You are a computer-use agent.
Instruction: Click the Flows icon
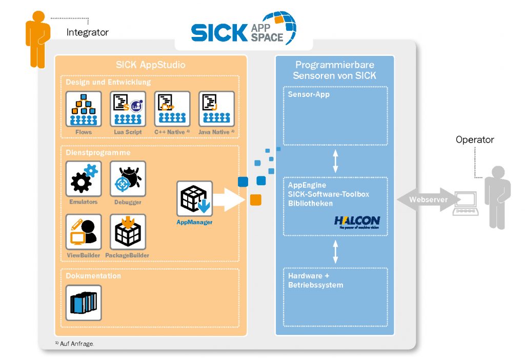pyautogui.click(x=84, y=109)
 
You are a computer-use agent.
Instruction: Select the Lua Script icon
pyautogui.click(x=128, y=109)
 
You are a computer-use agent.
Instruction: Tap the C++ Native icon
pyautogui.click(x=172, y=109)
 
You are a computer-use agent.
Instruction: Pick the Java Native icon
pyautogui.click(x=216, y=109)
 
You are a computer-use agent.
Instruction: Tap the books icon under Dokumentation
pyautogui.click(x=84, y=303)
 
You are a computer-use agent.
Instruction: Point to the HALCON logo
pyautogui.click(x=357, y=222)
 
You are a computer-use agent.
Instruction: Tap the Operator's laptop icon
pyautogui.click(x=465, y=204)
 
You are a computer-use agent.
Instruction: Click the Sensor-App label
pyautogui.click(x=309, y=95)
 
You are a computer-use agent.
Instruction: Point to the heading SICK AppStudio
pyautogui.click(x=150, y=65)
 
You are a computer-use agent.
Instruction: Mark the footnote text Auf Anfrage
pyautogui.click(x=76, y=344)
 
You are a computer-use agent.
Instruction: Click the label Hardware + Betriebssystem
pyautogui.click(x=316, y=280)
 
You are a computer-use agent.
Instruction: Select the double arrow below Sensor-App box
pyautogui.click(x=336, y=161)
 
